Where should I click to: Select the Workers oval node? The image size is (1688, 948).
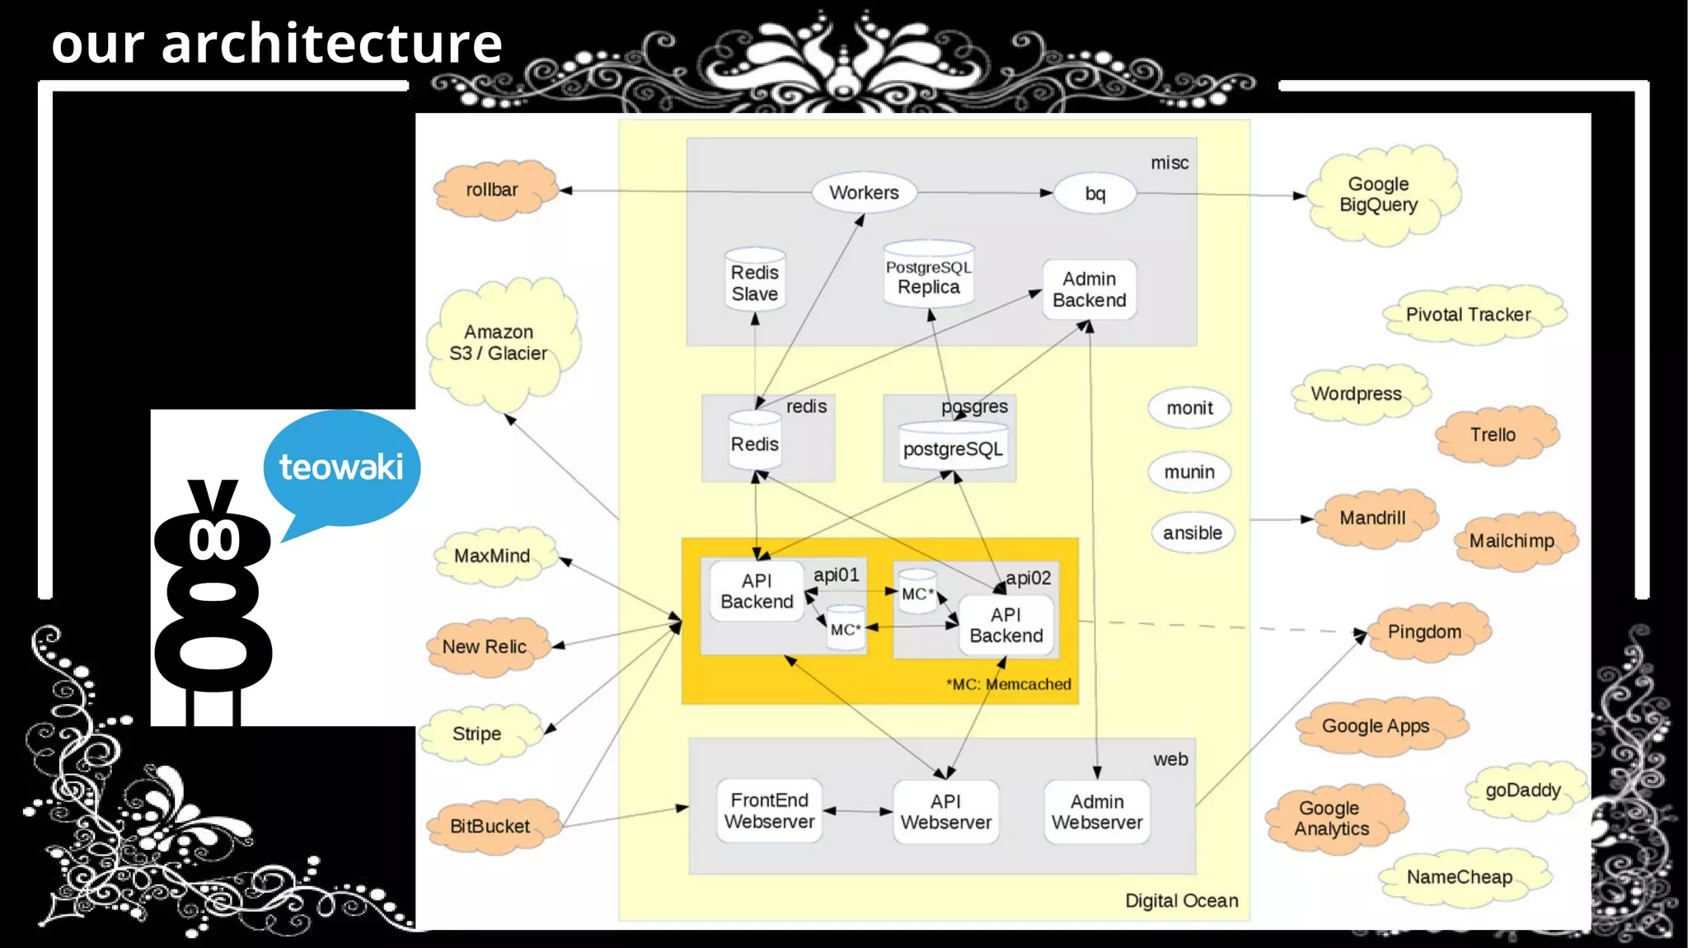point(864,193)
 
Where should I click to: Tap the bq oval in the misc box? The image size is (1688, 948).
point(1095,194)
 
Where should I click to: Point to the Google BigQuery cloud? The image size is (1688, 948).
point(1379,195)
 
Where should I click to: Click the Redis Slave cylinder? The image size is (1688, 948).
point(754,282)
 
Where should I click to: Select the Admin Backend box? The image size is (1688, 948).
point(1089,290)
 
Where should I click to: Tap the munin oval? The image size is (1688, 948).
point(1189,472)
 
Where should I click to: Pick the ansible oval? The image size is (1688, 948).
point(1192,533)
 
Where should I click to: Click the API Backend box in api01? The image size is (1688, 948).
point(757,591)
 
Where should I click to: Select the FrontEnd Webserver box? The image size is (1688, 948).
point(769,811)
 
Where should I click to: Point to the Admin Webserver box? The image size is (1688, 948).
point(1096,812)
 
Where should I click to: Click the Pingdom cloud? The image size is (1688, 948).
point(1425,632)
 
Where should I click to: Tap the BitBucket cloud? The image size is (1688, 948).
point(490,826)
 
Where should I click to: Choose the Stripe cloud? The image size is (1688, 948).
point(478,734)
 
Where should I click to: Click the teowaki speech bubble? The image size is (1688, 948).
point(341,467)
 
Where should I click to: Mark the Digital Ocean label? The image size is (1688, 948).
point(1181,901)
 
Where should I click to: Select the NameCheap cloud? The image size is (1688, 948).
point(1460,877)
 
